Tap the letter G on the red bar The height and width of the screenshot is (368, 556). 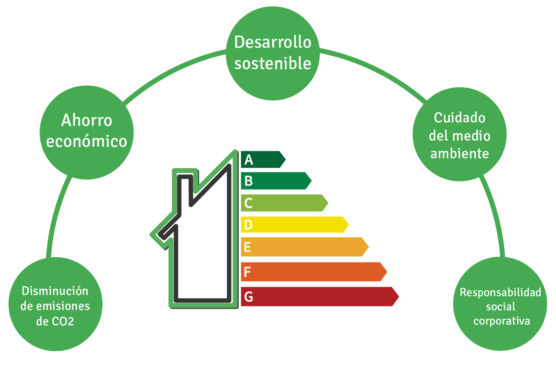click(249, 297)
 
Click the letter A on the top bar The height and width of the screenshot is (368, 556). click(249, 160)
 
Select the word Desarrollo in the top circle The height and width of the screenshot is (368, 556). click(273, 42)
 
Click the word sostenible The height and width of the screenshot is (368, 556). click(273, 64)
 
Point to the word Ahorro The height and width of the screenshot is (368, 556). click(87, 120)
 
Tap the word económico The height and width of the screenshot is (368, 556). click(86, 141)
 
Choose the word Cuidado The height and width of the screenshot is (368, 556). click(460, 118)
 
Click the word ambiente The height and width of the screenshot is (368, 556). click(460, 154)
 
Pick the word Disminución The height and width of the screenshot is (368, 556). click(55, 291)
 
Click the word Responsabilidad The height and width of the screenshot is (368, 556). click(500, 293)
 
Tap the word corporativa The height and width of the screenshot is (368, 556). click(502, 321)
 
